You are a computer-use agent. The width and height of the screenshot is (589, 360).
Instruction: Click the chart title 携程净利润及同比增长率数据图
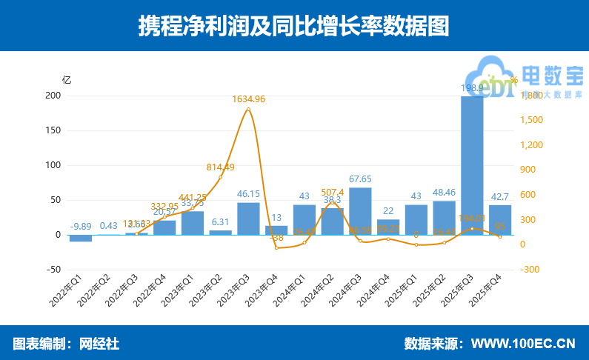[294, 26]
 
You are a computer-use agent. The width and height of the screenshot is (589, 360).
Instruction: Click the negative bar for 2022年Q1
[81, 238]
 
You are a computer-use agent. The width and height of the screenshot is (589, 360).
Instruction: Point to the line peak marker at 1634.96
[248, 110]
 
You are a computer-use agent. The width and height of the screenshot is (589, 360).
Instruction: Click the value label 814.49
[220, 167]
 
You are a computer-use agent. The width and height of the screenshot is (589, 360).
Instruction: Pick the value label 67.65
[360, 179]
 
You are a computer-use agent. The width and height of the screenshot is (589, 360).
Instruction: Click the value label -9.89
[81, 226]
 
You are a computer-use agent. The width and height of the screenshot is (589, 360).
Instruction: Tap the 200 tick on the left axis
[52, 96]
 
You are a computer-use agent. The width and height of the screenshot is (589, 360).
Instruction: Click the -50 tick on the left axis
[52, 270]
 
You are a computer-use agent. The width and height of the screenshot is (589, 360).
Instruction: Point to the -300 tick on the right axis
[530, 270]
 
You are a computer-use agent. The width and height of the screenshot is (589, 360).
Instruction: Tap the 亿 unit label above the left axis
[67, 79]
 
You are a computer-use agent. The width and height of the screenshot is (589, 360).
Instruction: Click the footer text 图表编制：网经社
[66, 344]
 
